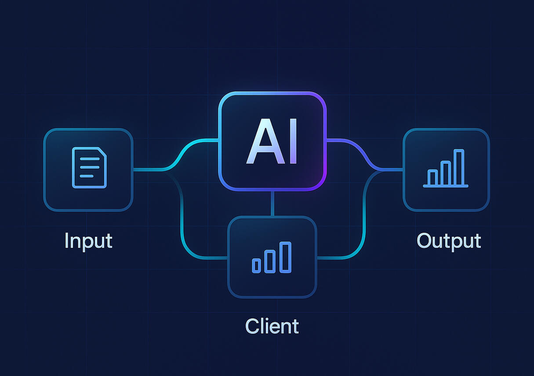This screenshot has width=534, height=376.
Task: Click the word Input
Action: point(88,241)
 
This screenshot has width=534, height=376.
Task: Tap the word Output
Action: point(449,241)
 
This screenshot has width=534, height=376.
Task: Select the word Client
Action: point(272,326)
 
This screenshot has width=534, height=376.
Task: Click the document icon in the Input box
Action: point(89,168)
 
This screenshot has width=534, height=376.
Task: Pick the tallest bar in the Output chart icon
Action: point(459,167)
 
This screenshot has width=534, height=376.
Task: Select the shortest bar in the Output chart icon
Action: point(433,177)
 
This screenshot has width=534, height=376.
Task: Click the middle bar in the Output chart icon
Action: point(446,173)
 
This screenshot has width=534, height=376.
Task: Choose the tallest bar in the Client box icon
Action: point(286,257)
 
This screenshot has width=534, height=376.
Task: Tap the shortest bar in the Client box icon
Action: point(256,265)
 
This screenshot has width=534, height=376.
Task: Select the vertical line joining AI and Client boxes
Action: point(272,203)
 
